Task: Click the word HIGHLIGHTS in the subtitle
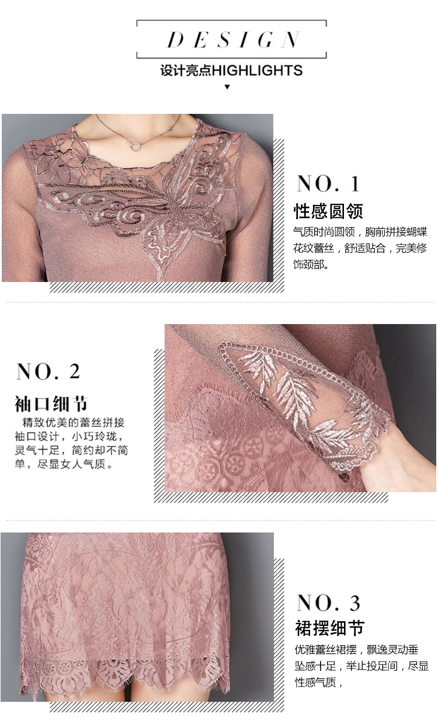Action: click(x=258, y=71)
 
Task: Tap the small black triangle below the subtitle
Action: click(x=227, y=86)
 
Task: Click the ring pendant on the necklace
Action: click(x=136, y=147)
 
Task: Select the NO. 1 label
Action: click(x=328, y=184)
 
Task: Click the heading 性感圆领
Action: click(x=328, y=211)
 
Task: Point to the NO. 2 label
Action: click(x=48, y=371)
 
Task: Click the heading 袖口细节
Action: click(x=51, y=403)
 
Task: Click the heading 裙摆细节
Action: click(x=330, y=628)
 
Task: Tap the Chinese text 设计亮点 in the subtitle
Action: click(x=186, y=71)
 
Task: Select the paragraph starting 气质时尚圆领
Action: click(x=360, y=248)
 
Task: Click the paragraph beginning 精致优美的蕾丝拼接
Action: click(x=71, y=444)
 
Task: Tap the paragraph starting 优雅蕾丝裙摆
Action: click(x=361, y=666)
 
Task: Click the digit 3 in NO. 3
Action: click(x=354, y=603)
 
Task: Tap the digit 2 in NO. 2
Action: click(x=75, y=371)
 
